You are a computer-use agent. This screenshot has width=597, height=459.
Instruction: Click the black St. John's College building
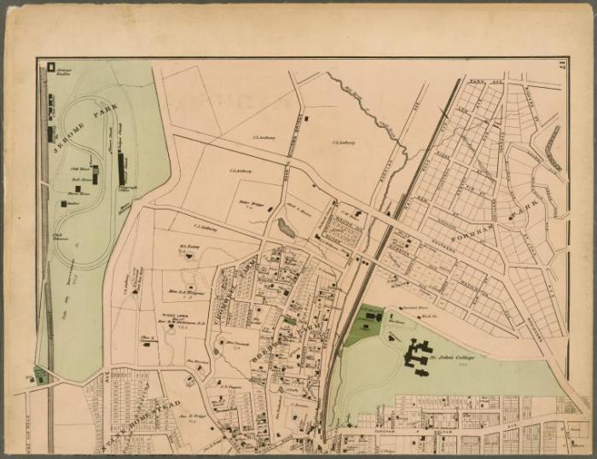pyautogui.click(x=420, y=354)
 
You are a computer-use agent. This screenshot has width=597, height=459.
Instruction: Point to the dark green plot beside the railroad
pyautogui.click(x=364, y=326)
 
